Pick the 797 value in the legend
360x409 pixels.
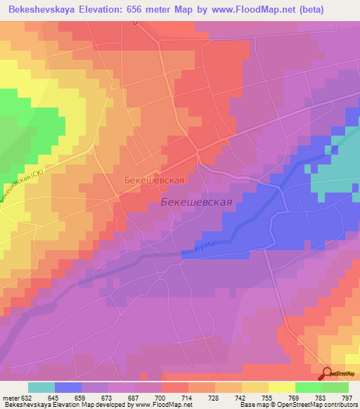[347, 397]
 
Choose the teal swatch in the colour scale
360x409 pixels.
[41, 387]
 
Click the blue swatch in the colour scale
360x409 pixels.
[68, 387]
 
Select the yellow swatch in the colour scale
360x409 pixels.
[282, 387]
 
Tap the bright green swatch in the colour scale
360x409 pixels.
[309, 387]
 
